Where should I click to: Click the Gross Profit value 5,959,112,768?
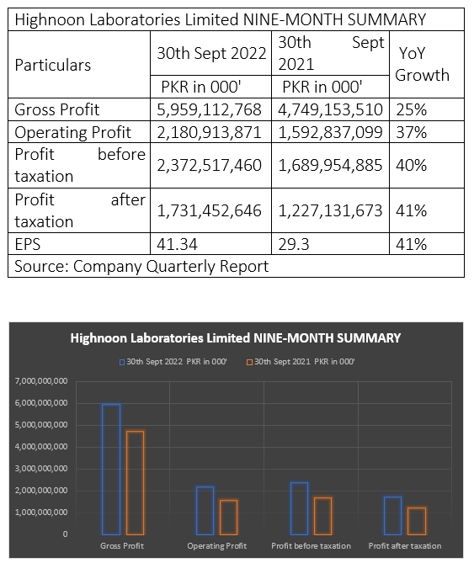[x=209, y=110]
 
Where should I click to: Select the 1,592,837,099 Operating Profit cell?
[x=330, y=132]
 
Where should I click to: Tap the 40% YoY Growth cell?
[x=411, y=166]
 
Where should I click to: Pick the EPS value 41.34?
[x=177, y=245]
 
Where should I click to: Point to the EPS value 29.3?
[x=293, y=245]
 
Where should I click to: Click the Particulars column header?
[x=53, y=66]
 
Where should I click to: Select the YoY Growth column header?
[x=422, y=64]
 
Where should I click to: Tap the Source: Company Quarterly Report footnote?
[x=141, y=267]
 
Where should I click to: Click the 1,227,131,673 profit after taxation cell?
[x=330, y=210]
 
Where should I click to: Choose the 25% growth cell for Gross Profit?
[x=411, y=110]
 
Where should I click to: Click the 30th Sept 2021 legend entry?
[x=301, y=362]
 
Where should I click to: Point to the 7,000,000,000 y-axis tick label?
[x=41, y=381]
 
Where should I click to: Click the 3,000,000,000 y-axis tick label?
[x=41, y=469]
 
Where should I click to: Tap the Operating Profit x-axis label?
[x=217, y=546]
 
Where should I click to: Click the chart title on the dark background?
[x=236, y=338]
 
